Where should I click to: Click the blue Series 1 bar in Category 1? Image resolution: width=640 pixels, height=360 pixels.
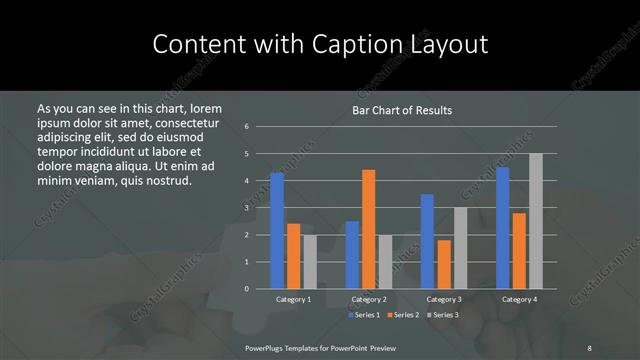(277, 231)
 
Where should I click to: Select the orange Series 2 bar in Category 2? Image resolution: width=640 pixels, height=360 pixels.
(369, 229)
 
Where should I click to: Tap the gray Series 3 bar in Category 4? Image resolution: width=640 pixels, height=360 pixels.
(535, 221)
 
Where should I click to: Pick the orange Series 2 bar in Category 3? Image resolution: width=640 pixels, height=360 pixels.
(444, 264)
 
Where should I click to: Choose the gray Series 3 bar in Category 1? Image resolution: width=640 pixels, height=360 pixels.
(310, 262)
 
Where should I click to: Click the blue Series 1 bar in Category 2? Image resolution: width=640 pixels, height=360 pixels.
(352, 255)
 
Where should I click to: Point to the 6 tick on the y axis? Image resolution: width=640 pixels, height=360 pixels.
(246, 127)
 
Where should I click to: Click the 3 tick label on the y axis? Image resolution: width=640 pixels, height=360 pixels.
(246, 208)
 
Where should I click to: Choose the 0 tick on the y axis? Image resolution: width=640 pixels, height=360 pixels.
(246, 289)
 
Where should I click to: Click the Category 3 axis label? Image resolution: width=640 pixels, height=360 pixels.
(444, 299)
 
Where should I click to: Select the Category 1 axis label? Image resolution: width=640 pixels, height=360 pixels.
(293, 299)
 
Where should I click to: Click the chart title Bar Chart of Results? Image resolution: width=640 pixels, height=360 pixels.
(402, 109)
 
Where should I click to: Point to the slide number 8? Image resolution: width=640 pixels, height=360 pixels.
(589, 347)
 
